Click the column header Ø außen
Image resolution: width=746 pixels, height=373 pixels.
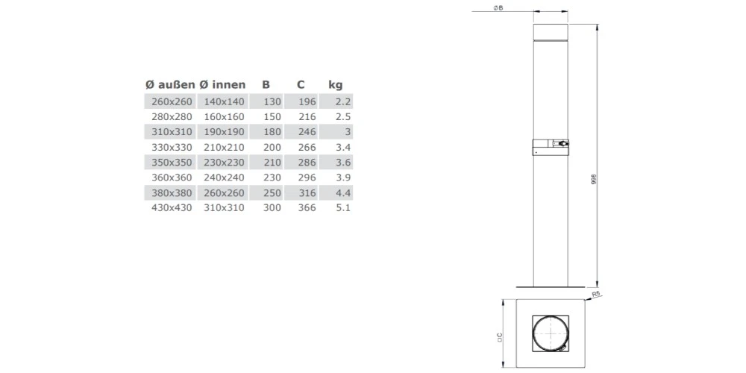pyautogui.click(x=170, y=85)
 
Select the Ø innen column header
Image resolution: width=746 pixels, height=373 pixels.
pyautogui.click(x=222, y=85)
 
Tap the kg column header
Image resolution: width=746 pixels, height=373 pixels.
pyautogui.click(x=336, y=86)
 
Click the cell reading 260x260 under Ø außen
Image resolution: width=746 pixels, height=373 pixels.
pyautogui.click(x=172, y=101)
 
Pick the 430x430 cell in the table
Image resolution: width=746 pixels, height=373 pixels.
pyautogui.click(x=172, y=208)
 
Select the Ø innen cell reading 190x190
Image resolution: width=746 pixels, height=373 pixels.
pyautogui.click(x=224, y=132)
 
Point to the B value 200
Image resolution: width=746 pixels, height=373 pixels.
pyautogui.click(x=272, y=147)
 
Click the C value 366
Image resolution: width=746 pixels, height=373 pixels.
pyautogui.click(x=307, y=208)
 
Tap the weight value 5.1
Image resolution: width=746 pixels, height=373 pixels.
pyautogui.click(x=343, y=208)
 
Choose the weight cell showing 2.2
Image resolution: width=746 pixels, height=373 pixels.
pyautogui.click(x=343, y=101)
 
